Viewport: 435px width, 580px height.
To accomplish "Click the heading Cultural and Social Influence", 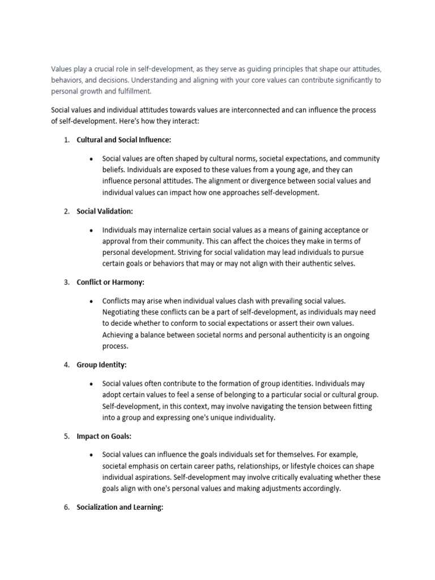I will click(x=123, y=140).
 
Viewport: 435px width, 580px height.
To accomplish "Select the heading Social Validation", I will click(x=105, y=211).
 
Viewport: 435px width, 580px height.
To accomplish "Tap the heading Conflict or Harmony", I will click(x=110, y=282).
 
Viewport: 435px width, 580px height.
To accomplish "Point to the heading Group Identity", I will click(x=101, y=365).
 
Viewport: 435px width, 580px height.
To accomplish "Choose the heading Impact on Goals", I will click(x=104, y=436).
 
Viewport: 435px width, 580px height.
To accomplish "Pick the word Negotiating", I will click(x=124, y=312).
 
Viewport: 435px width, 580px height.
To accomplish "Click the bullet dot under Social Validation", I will click(x=91, y=230).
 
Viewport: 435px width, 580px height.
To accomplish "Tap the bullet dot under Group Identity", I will click(x=91, y=384).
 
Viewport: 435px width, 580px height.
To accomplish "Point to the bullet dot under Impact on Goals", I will click(x=91, y=455).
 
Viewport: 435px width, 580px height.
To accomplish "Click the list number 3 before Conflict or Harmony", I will click(x=66, y=282).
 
